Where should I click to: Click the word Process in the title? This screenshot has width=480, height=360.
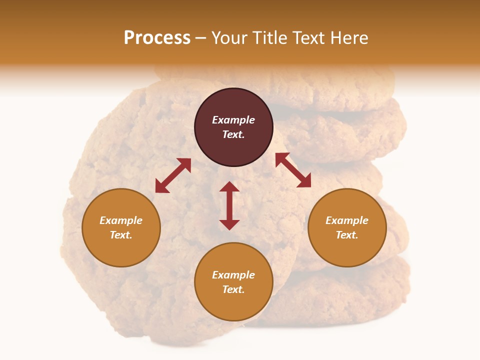[157, 38]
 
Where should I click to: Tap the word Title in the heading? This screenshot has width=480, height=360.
[270, 38]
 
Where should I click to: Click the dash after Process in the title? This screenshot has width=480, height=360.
[200, 38]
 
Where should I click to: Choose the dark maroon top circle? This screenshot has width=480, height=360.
[233, 127]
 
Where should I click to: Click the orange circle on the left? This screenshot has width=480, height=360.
[121, 228]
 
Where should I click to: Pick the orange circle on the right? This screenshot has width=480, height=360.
[347, 228]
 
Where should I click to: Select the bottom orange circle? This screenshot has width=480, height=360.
[233, 282]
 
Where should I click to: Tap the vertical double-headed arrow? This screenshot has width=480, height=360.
[229, 205]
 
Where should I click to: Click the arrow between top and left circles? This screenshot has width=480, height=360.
[173, 175]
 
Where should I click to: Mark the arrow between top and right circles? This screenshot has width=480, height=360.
[293, 170]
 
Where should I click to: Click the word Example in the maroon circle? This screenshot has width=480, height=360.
[233, 120]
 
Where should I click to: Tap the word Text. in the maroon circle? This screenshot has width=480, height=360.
[233, 134]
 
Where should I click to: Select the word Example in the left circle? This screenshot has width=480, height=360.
[121, 220]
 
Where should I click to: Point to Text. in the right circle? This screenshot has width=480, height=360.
[347, 235]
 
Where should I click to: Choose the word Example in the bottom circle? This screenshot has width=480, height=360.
[233, 275]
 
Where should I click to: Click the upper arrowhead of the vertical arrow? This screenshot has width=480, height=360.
[229, 186]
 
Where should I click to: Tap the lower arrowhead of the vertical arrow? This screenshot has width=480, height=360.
[229, 225]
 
